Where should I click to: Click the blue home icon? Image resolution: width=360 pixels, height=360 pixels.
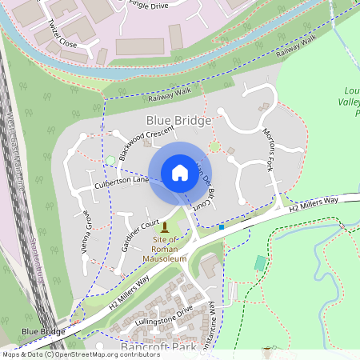point(179,173)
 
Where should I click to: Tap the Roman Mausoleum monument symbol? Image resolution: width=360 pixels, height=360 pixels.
point(165,228)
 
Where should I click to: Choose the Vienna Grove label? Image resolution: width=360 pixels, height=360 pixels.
point(87,232)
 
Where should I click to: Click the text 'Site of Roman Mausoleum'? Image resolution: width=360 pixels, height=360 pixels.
point(165,249)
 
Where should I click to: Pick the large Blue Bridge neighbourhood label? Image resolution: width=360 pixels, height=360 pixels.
point(178,121)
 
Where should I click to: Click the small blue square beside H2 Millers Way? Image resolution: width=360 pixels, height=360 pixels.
point(222,227)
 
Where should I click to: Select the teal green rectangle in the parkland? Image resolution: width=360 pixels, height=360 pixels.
point(259,262)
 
